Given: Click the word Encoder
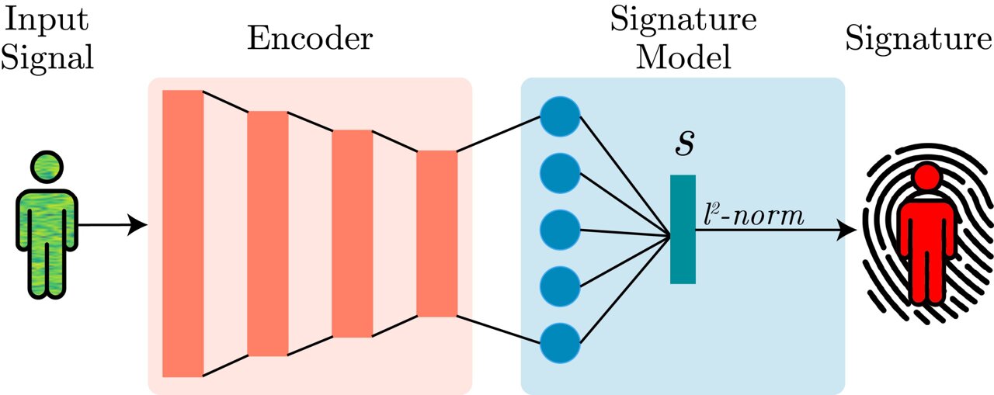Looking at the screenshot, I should coord(310,38).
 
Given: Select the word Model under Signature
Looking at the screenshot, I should coord(683,56).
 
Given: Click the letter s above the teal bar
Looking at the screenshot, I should coord(683,146).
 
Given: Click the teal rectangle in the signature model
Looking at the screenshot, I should coord(683,229).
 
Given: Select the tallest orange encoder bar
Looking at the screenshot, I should coord(183,233).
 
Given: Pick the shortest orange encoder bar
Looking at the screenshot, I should coord(437,233).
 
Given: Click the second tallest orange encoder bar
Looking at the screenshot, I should coord(268,233).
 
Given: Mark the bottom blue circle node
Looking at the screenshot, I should coord(561,342).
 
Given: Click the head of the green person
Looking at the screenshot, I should coord(45,168).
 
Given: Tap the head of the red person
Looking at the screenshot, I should coord(926,178).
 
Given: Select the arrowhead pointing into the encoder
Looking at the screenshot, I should coord(139,226).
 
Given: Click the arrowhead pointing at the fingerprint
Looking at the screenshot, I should coord(849,230).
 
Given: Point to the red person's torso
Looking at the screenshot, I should coord(926,233).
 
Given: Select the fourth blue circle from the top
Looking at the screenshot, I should coord(561,286).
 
